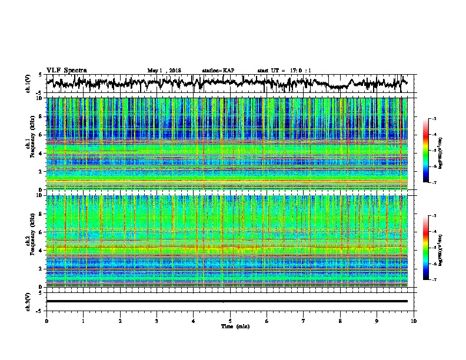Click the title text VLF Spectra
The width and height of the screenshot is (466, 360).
coord(66,70)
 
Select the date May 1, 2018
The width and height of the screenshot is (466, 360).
coord(164,71)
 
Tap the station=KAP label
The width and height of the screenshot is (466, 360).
coord(218,71)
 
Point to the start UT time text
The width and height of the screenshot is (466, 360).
coord(284,71)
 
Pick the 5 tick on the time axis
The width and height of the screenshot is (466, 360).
coord(230,321)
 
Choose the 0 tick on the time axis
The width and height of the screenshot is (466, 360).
coord(46,321)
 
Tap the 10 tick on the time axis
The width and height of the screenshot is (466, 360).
coord(414,321)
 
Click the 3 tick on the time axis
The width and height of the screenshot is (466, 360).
coord(157,321)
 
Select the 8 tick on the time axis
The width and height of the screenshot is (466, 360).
coord(340,321)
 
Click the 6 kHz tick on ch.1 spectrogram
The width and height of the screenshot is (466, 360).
coord(40,135)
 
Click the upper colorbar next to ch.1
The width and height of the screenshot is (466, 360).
coord(431,151)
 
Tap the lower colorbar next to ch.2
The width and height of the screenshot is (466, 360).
coord(431,248)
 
